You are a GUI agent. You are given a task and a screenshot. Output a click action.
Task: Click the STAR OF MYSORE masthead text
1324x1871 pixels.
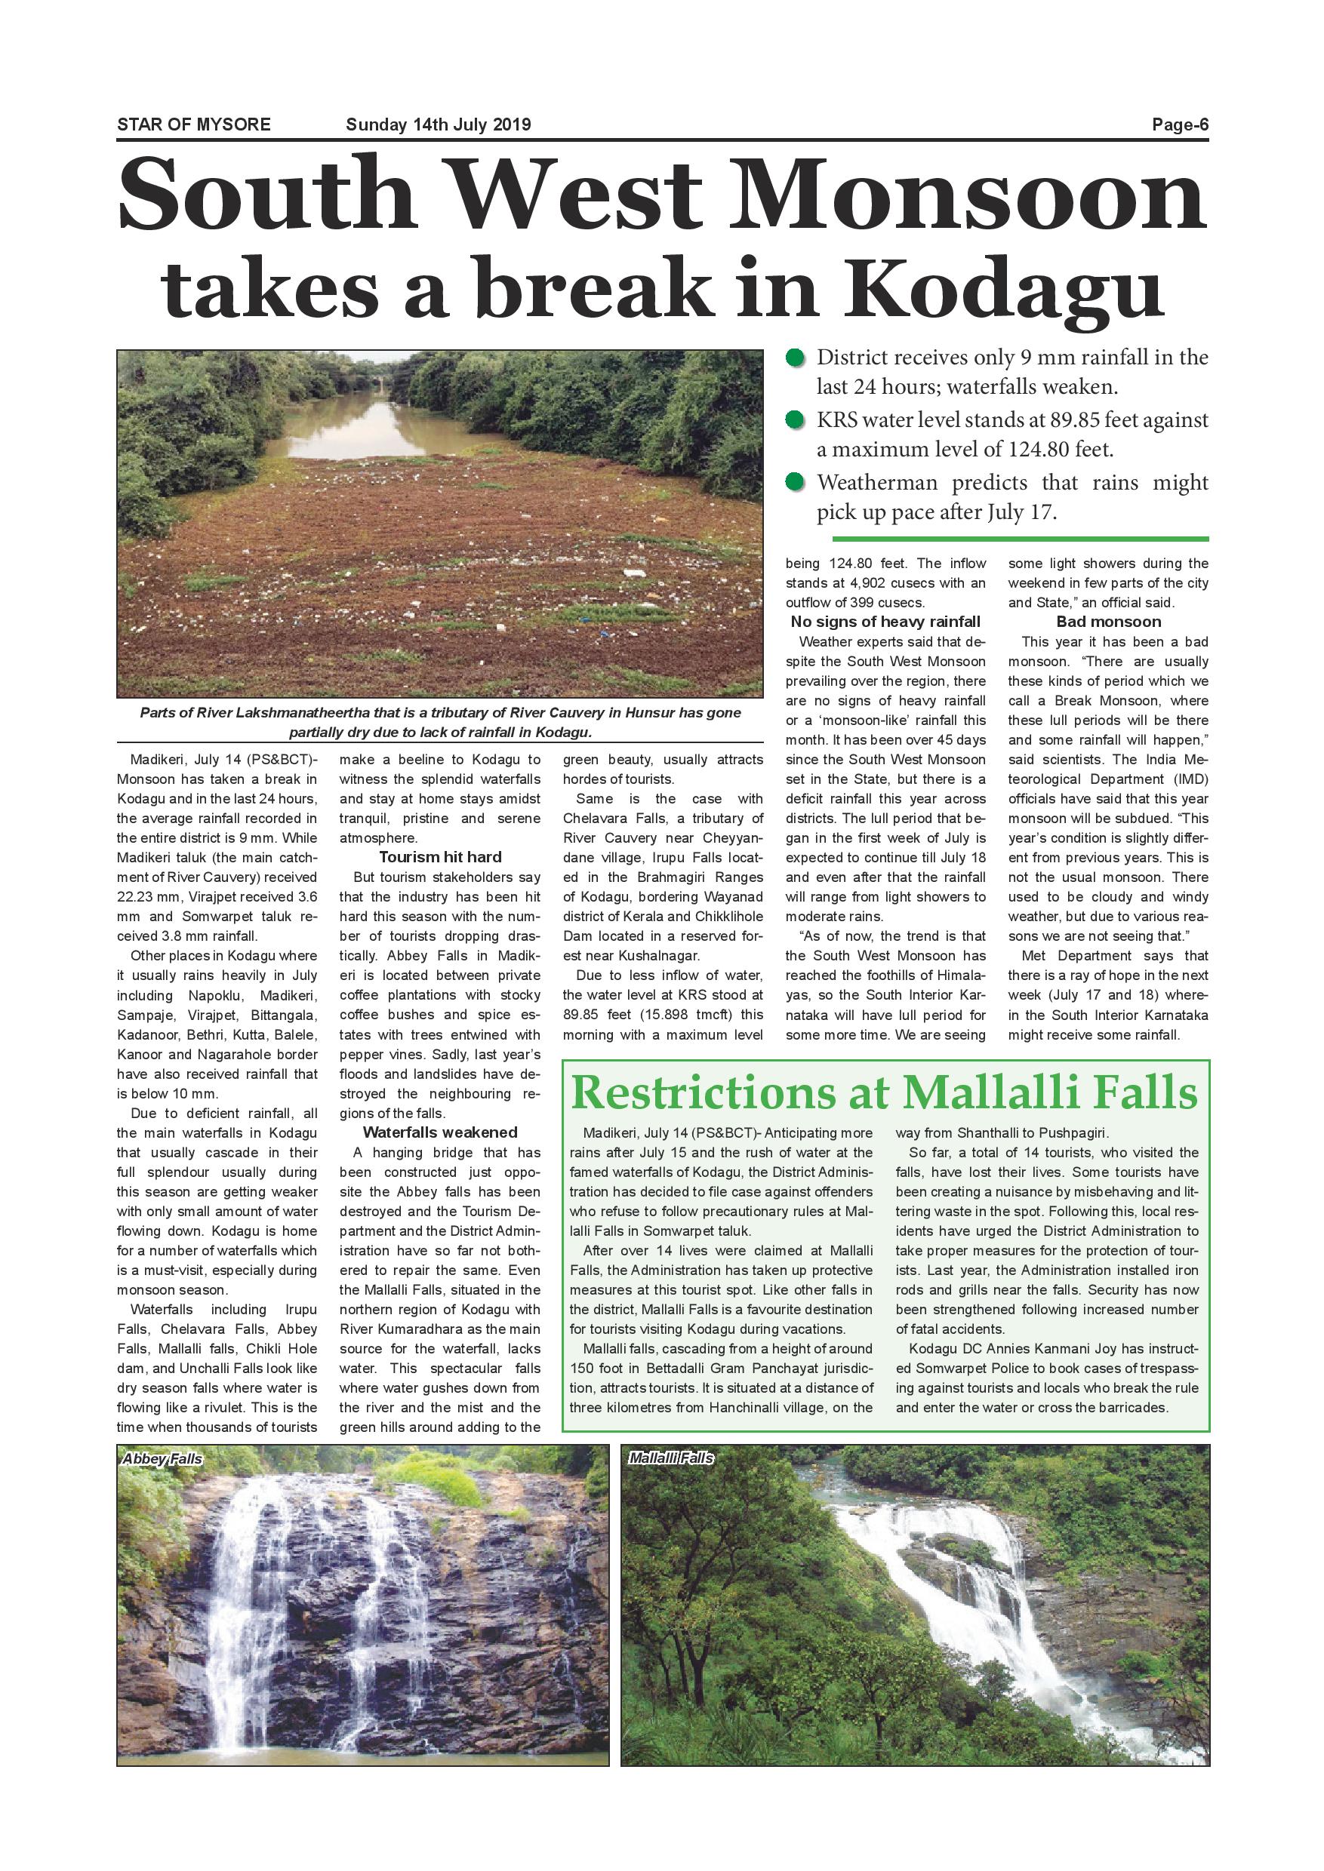pos(193,124)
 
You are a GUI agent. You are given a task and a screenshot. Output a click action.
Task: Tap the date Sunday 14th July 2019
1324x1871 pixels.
pos(438,124)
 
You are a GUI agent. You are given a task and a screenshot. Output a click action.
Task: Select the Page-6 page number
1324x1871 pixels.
pos(1179,124)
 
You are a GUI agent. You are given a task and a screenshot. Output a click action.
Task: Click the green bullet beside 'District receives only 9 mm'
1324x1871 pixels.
pos(793,358)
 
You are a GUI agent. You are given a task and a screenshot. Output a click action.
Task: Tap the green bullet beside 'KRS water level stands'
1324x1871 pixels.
pos(793,420)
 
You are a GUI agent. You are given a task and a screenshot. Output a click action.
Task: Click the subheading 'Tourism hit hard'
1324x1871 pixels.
pos(440,857)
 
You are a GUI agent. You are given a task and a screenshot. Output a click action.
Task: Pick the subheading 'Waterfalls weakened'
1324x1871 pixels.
pos(440,1132)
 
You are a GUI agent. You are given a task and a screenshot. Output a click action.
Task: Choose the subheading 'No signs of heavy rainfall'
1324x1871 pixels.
pos(885,622)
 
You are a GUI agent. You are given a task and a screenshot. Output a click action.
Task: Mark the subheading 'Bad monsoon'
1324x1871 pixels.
pos(1108,622)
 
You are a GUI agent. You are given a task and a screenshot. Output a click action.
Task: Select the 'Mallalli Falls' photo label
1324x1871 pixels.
pos(670,1458)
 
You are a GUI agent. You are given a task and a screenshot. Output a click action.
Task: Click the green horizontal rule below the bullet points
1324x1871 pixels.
pos(1019,539)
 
